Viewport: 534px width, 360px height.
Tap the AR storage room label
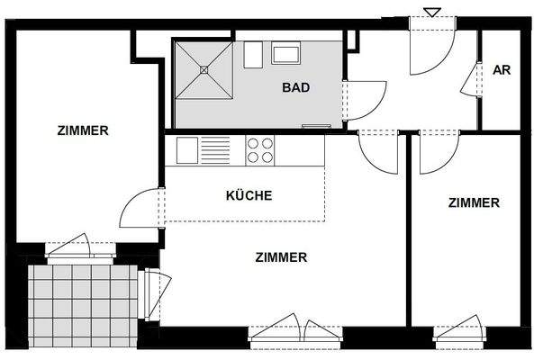click(502, 70)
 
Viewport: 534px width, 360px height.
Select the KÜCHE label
click(249, 194)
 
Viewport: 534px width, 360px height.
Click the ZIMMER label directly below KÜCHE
click(282, 256)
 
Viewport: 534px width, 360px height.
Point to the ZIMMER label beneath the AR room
click(473, 202)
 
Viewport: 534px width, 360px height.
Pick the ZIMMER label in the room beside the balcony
click(82, 130)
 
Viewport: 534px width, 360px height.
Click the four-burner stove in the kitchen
click(260, 149)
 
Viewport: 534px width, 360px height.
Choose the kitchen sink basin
click(187, 148)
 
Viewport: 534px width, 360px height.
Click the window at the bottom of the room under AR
click(458, 330)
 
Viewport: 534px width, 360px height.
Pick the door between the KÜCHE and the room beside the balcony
click(141, 211)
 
